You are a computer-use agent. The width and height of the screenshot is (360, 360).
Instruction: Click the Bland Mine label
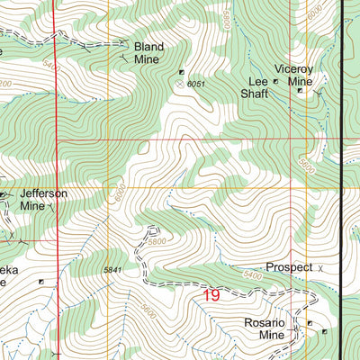146,52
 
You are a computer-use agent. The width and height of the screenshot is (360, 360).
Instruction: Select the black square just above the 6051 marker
182,72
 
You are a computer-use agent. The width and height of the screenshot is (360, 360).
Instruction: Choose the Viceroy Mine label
297,74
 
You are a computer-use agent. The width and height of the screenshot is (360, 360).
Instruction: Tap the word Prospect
289,267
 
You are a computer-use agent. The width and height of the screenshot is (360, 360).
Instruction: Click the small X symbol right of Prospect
320,268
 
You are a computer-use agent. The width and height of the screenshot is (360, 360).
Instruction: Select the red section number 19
211,294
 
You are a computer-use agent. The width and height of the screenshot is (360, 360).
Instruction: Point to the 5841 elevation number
112,270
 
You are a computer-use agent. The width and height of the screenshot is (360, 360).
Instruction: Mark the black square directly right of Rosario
310,323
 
